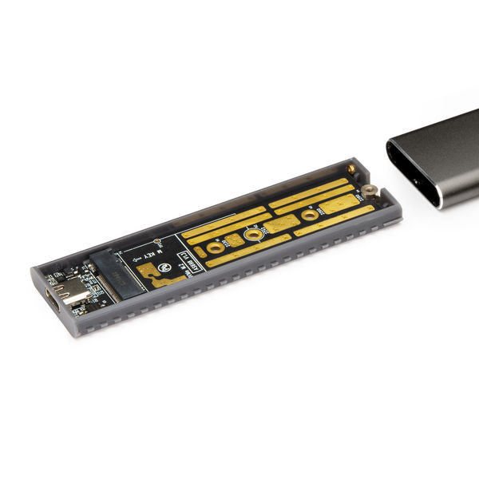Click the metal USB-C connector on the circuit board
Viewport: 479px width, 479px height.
(x=77, y=295)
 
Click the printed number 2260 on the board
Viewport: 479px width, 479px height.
(x=319, y=210)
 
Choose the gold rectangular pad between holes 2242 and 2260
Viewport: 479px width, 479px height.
(x=280, y=225)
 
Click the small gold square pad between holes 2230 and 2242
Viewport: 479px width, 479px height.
(x=234, y=239)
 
